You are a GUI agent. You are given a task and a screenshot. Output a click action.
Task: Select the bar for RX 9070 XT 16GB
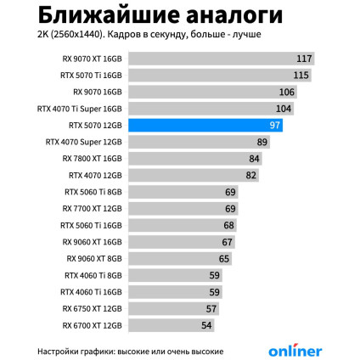click(x=221, y=59)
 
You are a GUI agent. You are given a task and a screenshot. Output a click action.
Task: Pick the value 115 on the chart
click(x=301, y=76)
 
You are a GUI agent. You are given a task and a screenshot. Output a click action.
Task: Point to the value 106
click(x=286, y=92)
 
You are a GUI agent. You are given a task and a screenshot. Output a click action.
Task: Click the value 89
click(x=262, y=142)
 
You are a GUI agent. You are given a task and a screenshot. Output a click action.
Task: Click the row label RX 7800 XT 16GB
click(x=93, y=158)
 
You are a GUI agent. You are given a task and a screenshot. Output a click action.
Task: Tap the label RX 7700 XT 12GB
click(x=93, y=208)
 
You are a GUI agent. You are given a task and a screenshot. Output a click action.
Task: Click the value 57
click(x=211, y=308)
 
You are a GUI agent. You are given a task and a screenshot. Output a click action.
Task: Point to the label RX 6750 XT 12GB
click(x=93, y=308)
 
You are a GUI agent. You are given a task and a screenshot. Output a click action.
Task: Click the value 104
click(x=284, y=109)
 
